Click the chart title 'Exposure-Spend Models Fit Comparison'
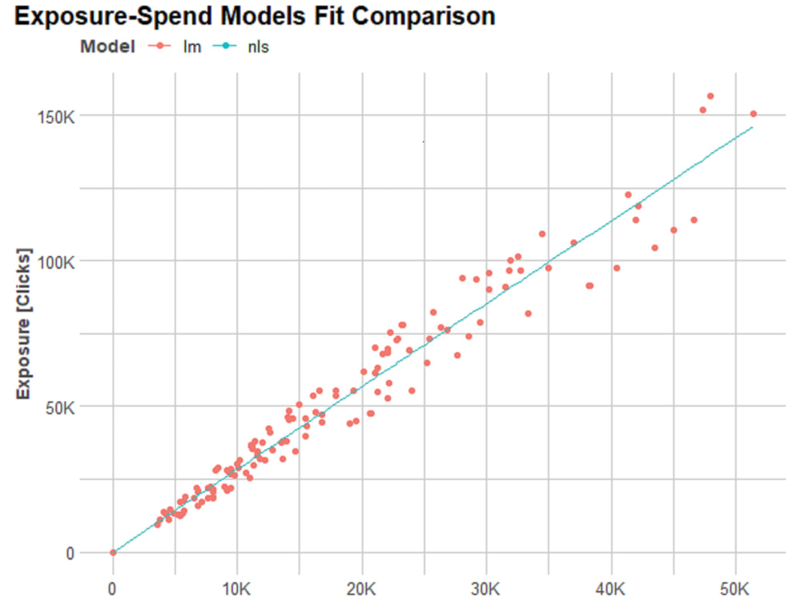(x=255, y=17)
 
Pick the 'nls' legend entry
(x=258, y=46)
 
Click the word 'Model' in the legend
(x=106, y=46)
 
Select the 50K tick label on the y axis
(x=60, y=407)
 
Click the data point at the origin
(x=113, y=553)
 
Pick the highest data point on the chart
(x=710, y=96)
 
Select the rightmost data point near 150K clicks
(x=753, y=114)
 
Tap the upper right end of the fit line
(x=751, y=127)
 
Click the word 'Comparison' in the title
(x=421, y=17)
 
